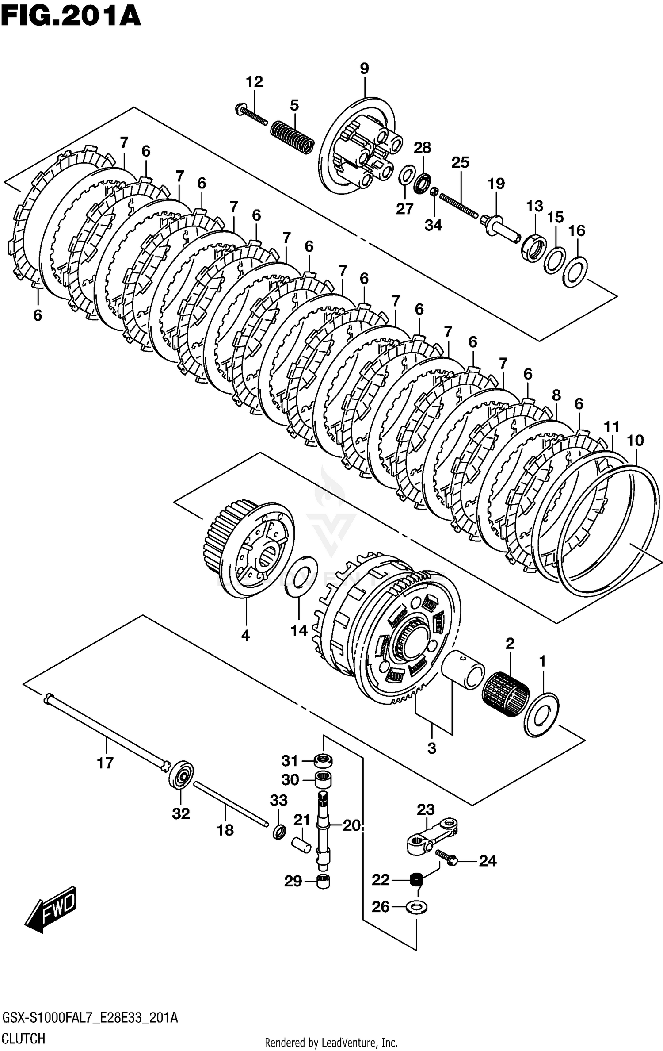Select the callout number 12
[x=254, y=81]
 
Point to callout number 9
[x=364, y=69]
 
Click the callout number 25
[x=460, y=163]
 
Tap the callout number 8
[x=556, y=395]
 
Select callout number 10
[x=635, y=440]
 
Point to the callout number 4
[x=246, y=636]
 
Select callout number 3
[x=432, y=748]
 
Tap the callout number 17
[x=105, y=763]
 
